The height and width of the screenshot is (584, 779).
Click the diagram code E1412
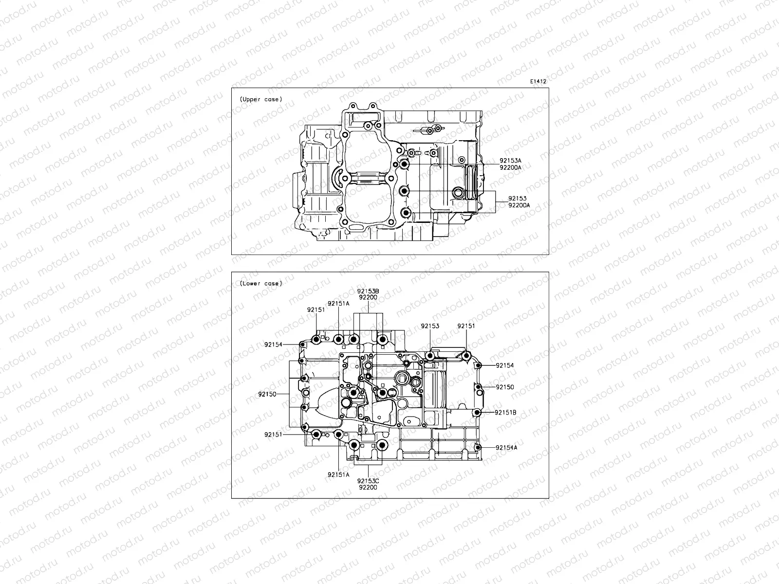point(538,82)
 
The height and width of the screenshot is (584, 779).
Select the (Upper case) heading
point(260,99)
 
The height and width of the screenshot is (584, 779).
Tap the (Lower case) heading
point(260,283)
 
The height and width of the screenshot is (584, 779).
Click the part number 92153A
point(510,160)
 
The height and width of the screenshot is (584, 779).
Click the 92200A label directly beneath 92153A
point(510,167)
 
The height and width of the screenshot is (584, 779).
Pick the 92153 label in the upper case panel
point(517,199)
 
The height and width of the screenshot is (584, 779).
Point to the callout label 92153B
point(369,291)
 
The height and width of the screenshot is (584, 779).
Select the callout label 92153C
point(369,480)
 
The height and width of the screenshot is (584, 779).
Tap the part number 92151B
point(505,412)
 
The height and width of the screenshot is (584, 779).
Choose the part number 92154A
point(506,447)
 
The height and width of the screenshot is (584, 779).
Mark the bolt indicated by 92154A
point(478,447)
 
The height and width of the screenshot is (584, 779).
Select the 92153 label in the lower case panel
point(430,326)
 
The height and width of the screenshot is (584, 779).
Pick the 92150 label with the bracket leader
point(267,394)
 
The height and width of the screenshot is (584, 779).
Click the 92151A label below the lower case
point(338,474)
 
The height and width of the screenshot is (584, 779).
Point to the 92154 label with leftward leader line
point(504,365)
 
